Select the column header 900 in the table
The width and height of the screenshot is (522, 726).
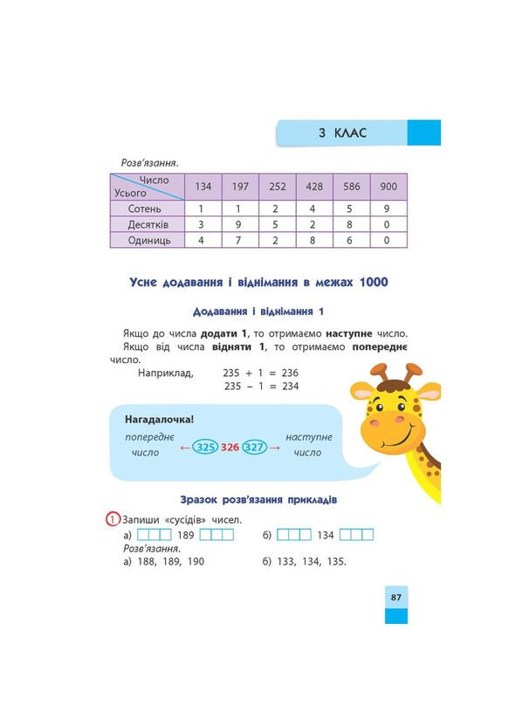(x=388, y=187)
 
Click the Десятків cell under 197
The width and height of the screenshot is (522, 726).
(x=237, y=224)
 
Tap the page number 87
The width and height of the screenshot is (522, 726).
(x=395, y=597)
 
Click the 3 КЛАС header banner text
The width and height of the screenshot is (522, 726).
(x=342, y=133)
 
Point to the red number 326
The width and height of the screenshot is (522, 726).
(x=230, y=448)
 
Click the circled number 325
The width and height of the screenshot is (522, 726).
(x=205, y=448)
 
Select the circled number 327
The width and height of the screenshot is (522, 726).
(x=254, y=448)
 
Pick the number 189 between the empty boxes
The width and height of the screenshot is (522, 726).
(x=186, y=535)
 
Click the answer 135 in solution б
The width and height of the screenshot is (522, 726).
(x=334, y=561)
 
